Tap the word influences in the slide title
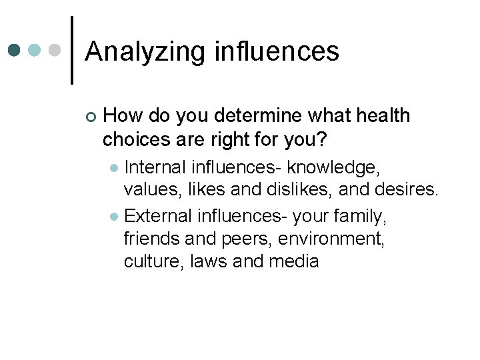click(x=277, y=51)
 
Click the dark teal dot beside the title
click(x=15, y=50)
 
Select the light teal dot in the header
click(x=35, y=50)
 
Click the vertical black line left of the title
click(x=71, y=50)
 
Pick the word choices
click(x=137, y=141)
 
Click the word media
click(x=294, y=261)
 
